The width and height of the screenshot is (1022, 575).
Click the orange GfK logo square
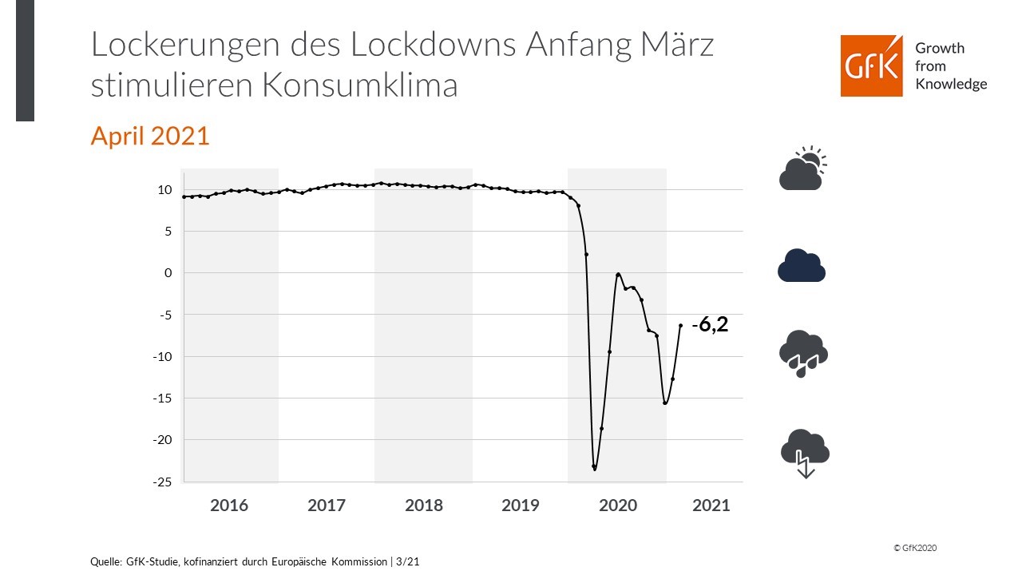[871, 65]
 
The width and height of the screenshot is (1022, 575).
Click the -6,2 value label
[710, 325]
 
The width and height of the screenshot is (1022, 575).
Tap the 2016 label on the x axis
[229, 506]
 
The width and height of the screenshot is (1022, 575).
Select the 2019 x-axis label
[521, 506]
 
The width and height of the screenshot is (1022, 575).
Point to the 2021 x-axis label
[711, 506]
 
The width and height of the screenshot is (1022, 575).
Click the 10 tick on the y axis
[165, 190]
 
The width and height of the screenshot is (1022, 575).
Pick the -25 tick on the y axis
[163, 482]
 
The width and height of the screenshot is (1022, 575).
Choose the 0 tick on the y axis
[168, 273]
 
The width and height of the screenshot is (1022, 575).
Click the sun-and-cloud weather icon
[802, 169]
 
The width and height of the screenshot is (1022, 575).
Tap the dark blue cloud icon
[802, 266]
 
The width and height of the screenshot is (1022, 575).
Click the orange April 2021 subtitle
[150, 136]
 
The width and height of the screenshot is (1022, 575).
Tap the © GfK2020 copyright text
[914, 548]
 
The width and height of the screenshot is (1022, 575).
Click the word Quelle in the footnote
[106, 562]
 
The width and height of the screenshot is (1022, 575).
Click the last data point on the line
[680, 325]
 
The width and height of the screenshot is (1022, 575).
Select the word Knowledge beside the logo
[951, 84]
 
